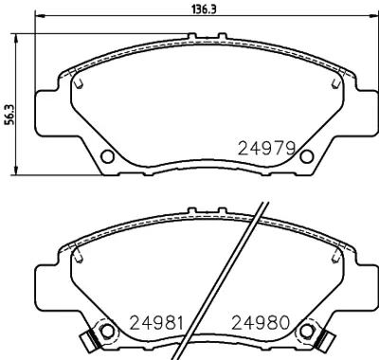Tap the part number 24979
click(268, 148)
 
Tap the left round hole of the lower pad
click(107, 331)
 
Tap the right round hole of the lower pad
click(306, 331)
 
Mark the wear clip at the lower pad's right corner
click(325, 336)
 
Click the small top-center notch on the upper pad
click(207, 39)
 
